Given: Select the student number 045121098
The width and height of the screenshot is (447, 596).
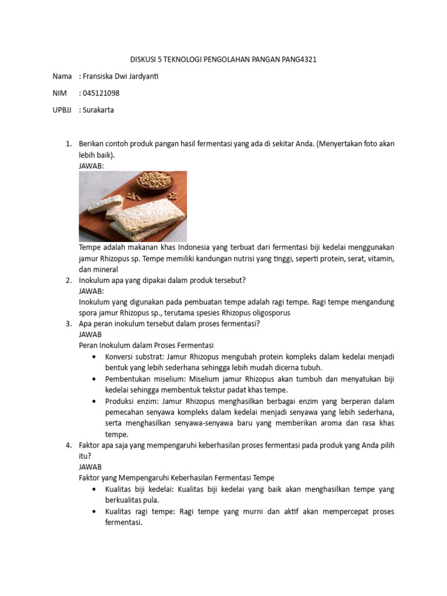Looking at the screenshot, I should [x=104, y=93].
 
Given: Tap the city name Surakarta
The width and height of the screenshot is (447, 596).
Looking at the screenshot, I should [x=99, y=110].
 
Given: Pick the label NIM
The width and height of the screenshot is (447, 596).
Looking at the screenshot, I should [x=59, y=93].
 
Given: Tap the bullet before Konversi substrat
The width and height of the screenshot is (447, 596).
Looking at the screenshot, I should [x=94, y=356].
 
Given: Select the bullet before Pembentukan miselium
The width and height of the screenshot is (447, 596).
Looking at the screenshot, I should [x=94, y=379].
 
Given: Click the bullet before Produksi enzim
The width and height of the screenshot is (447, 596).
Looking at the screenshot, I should [x=94, y=402].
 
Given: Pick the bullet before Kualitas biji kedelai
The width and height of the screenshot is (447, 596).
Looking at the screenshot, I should [x=94, y=489].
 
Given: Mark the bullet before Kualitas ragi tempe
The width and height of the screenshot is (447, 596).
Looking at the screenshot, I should [x=94, y=512].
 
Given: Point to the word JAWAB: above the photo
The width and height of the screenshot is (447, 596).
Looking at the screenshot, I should [x=91, y=166].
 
